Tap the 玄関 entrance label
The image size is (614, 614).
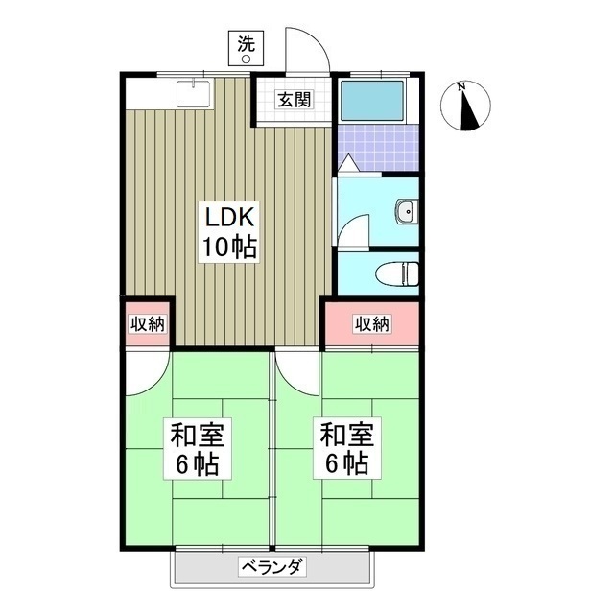click(x=294, y=98)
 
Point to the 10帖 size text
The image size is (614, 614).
click(x=227, y=248)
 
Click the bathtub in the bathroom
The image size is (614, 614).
click(x=373, y=100)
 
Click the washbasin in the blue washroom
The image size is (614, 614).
click(x=407, y=211)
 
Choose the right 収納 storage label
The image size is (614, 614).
click(x=371, y=323)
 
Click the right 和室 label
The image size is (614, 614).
click(x=345, y=435)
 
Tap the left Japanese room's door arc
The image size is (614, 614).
click(x=148, y=372)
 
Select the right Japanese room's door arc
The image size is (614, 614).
click(x=297, y=372)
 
